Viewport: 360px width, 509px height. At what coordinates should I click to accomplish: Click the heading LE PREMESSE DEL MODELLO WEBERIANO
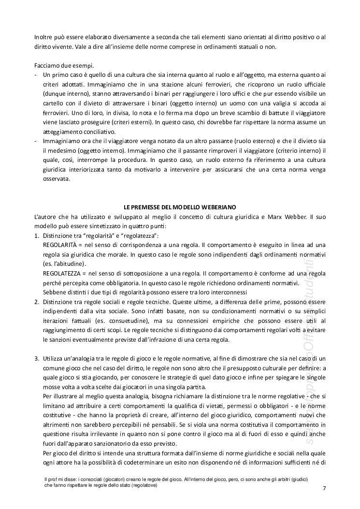(180, 206)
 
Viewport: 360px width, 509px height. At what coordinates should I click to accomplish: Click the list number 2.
(36, 302)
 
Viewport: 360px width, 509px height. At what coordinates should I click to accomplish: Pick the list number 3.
(36, 358)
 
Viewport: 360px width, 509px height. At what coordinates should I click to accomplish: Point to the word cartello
(55, 103)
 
